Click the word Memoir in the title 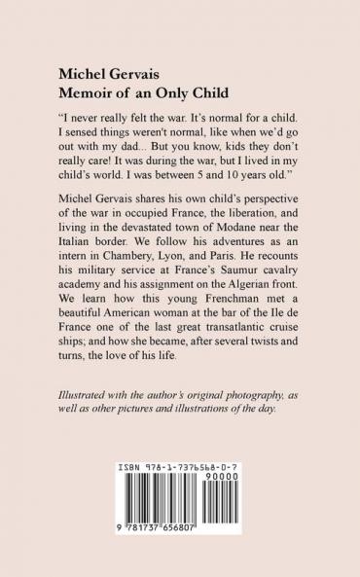pyautogui.click(x=85, y=93)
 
